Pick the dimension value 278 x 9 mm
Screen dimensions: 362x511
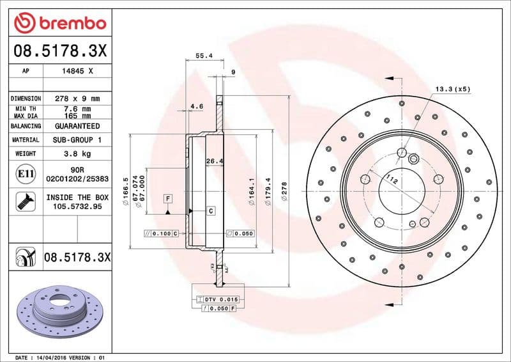point(77,98)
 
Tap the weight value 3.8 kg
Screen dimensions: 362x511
point(77,153)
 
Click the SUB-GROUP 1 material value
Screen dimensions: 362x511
point(77,139)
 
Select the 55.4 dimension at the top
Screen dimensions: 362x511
point(204,56)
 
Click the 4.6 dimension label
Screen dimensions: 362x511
point(197,106)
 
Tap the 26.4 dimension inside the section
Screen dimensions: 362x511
point(213,161)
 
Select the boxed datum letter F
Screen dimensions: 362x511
point(168,198)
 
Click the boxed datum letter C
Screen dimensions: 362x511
point(210,210)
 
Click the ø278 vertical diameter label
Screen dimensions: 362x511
point(284,189)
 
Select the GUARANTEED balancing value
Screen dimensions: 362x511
point(77,126)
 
